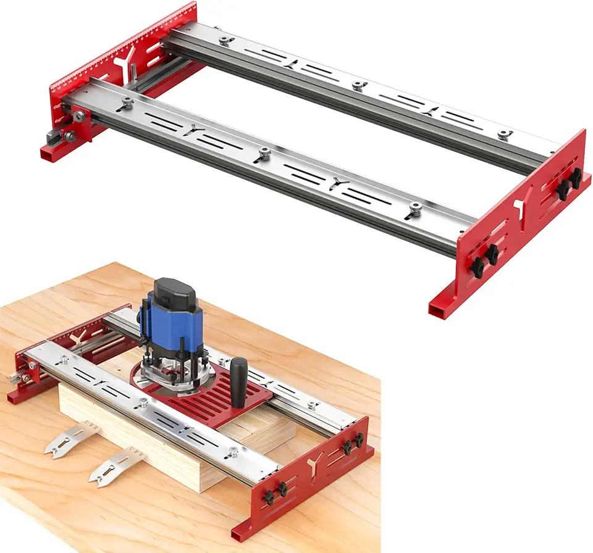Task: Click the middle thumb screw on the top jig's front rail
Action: tap(264, 152)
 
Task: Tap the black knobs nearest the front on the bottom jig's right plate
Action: tap(278, 491)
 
